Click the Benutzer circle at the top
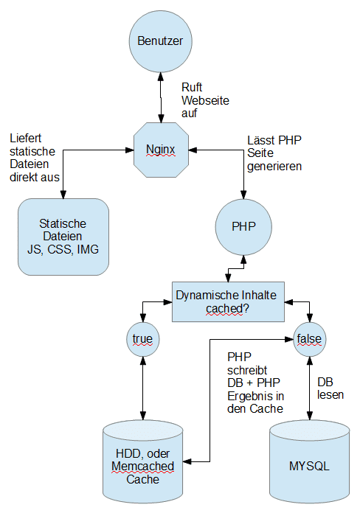point(161,41)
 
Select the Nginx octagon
point(161,150)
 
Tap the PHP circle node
point(243,227)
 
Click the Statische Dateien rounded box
point(63,237)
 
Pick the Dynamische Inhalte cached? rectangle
point(228,301)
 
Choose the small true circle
point(143,339)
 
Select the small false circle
point(309,339)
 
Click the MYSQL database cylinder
point(310,461)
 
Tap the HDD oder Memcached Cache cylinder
point(143,461)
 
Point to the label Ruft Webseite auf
point(205,100)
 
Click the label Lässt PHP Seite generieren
point(274,153)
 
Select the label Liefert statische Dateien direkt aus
point(35,158)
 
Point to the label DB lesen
point(330,388)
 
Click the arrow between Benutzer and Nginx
point(161,97)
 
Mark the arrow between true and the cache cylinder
point(143,388)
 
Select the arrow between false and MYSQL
point(309,388)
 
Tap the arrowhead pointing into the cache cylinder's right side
point(187,461)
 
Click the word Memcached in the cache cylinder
point(143,467)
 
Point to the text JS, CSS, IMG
point(63,249)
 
